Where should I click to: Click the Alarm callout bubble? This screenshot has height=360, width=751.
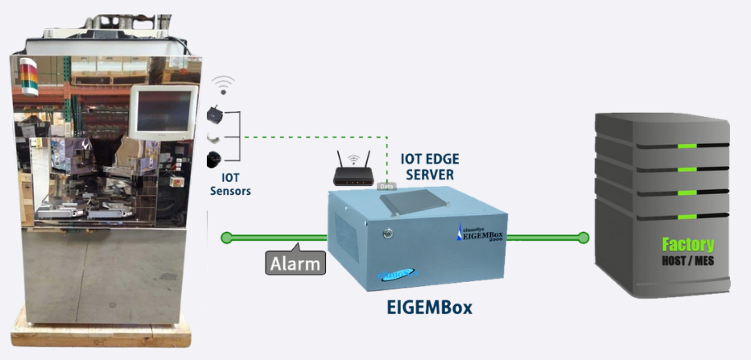click(295, 263)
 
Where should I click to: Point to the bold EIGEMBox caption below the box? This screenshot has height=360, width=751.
click(428, 307)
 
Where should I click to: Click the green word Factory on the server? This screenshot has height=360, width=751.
click(687, 244)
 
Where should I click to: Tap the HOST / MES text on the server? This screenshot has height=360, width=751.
click(687, 261)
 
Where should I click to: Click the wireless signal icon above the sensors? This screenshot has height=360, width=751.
click(223, 85)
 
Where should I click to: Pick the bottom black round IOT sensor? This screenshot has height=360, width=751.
click(215, 157)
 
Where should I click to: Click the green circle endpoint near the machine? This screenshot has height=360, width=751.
click(227, 238)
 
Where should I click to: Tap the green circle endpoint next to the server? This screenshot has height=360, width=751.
click(584, 238)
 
